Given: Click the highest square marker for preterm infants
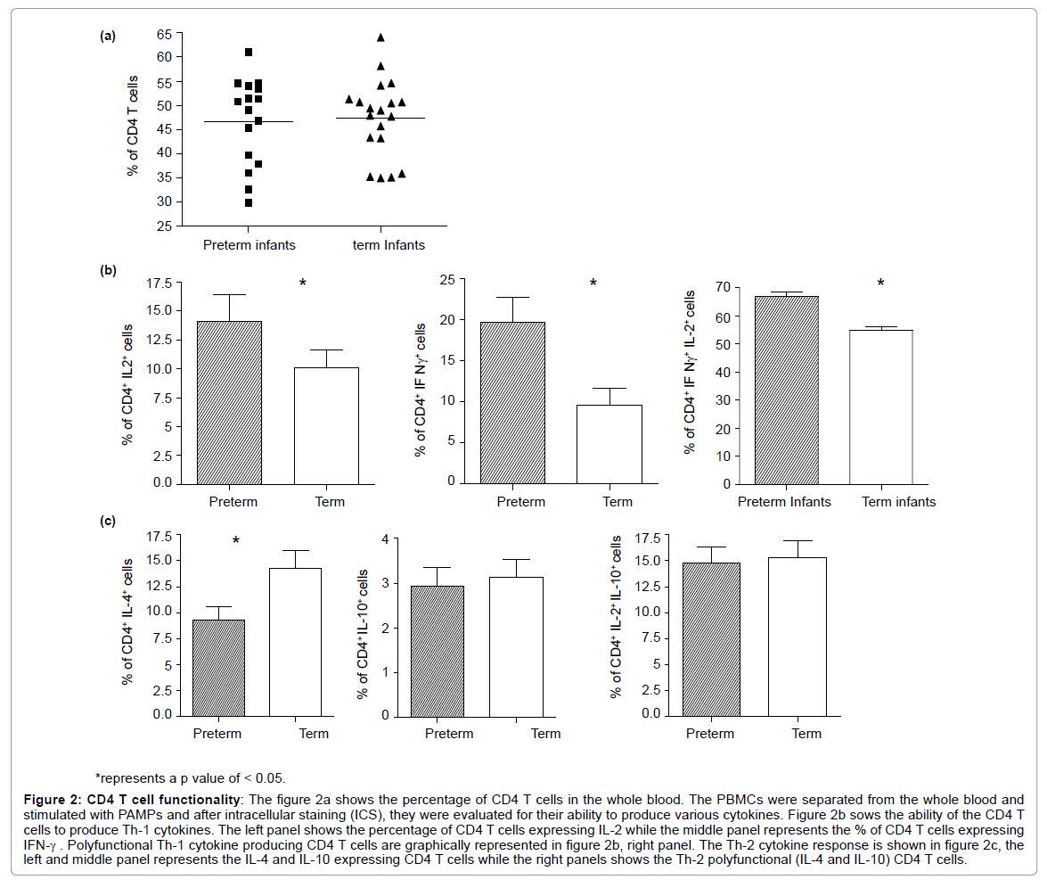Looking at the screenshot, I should pyautogui.click(x=249, y=53).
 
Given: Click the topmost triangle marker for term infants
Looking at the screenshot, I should pyautogui.click(x=380, y=37).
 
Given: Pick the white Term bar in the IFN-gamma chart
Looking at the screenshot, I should pyautogui.click(x=609, y=443).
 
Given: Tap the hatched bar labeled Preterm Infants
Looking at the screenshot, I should pyautogui.click(x=786, y=390).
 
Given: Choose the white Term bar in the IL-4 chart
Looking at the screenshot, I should pyautogui.click(x=295, y=641).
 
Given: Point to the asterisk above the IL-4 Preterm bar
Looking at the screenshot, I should pyautogui.click(x=236, y=541).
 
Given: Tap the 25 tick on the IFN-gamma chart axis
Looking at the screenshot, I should pyautogui.click(x=447, y=280).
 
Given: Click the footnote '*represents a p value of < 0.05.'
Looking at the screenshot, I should pyautogui.click(x=191, y=777).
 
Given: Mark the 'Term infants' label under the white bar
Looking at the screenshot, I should pyautogui.click(x=898, y=502).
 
